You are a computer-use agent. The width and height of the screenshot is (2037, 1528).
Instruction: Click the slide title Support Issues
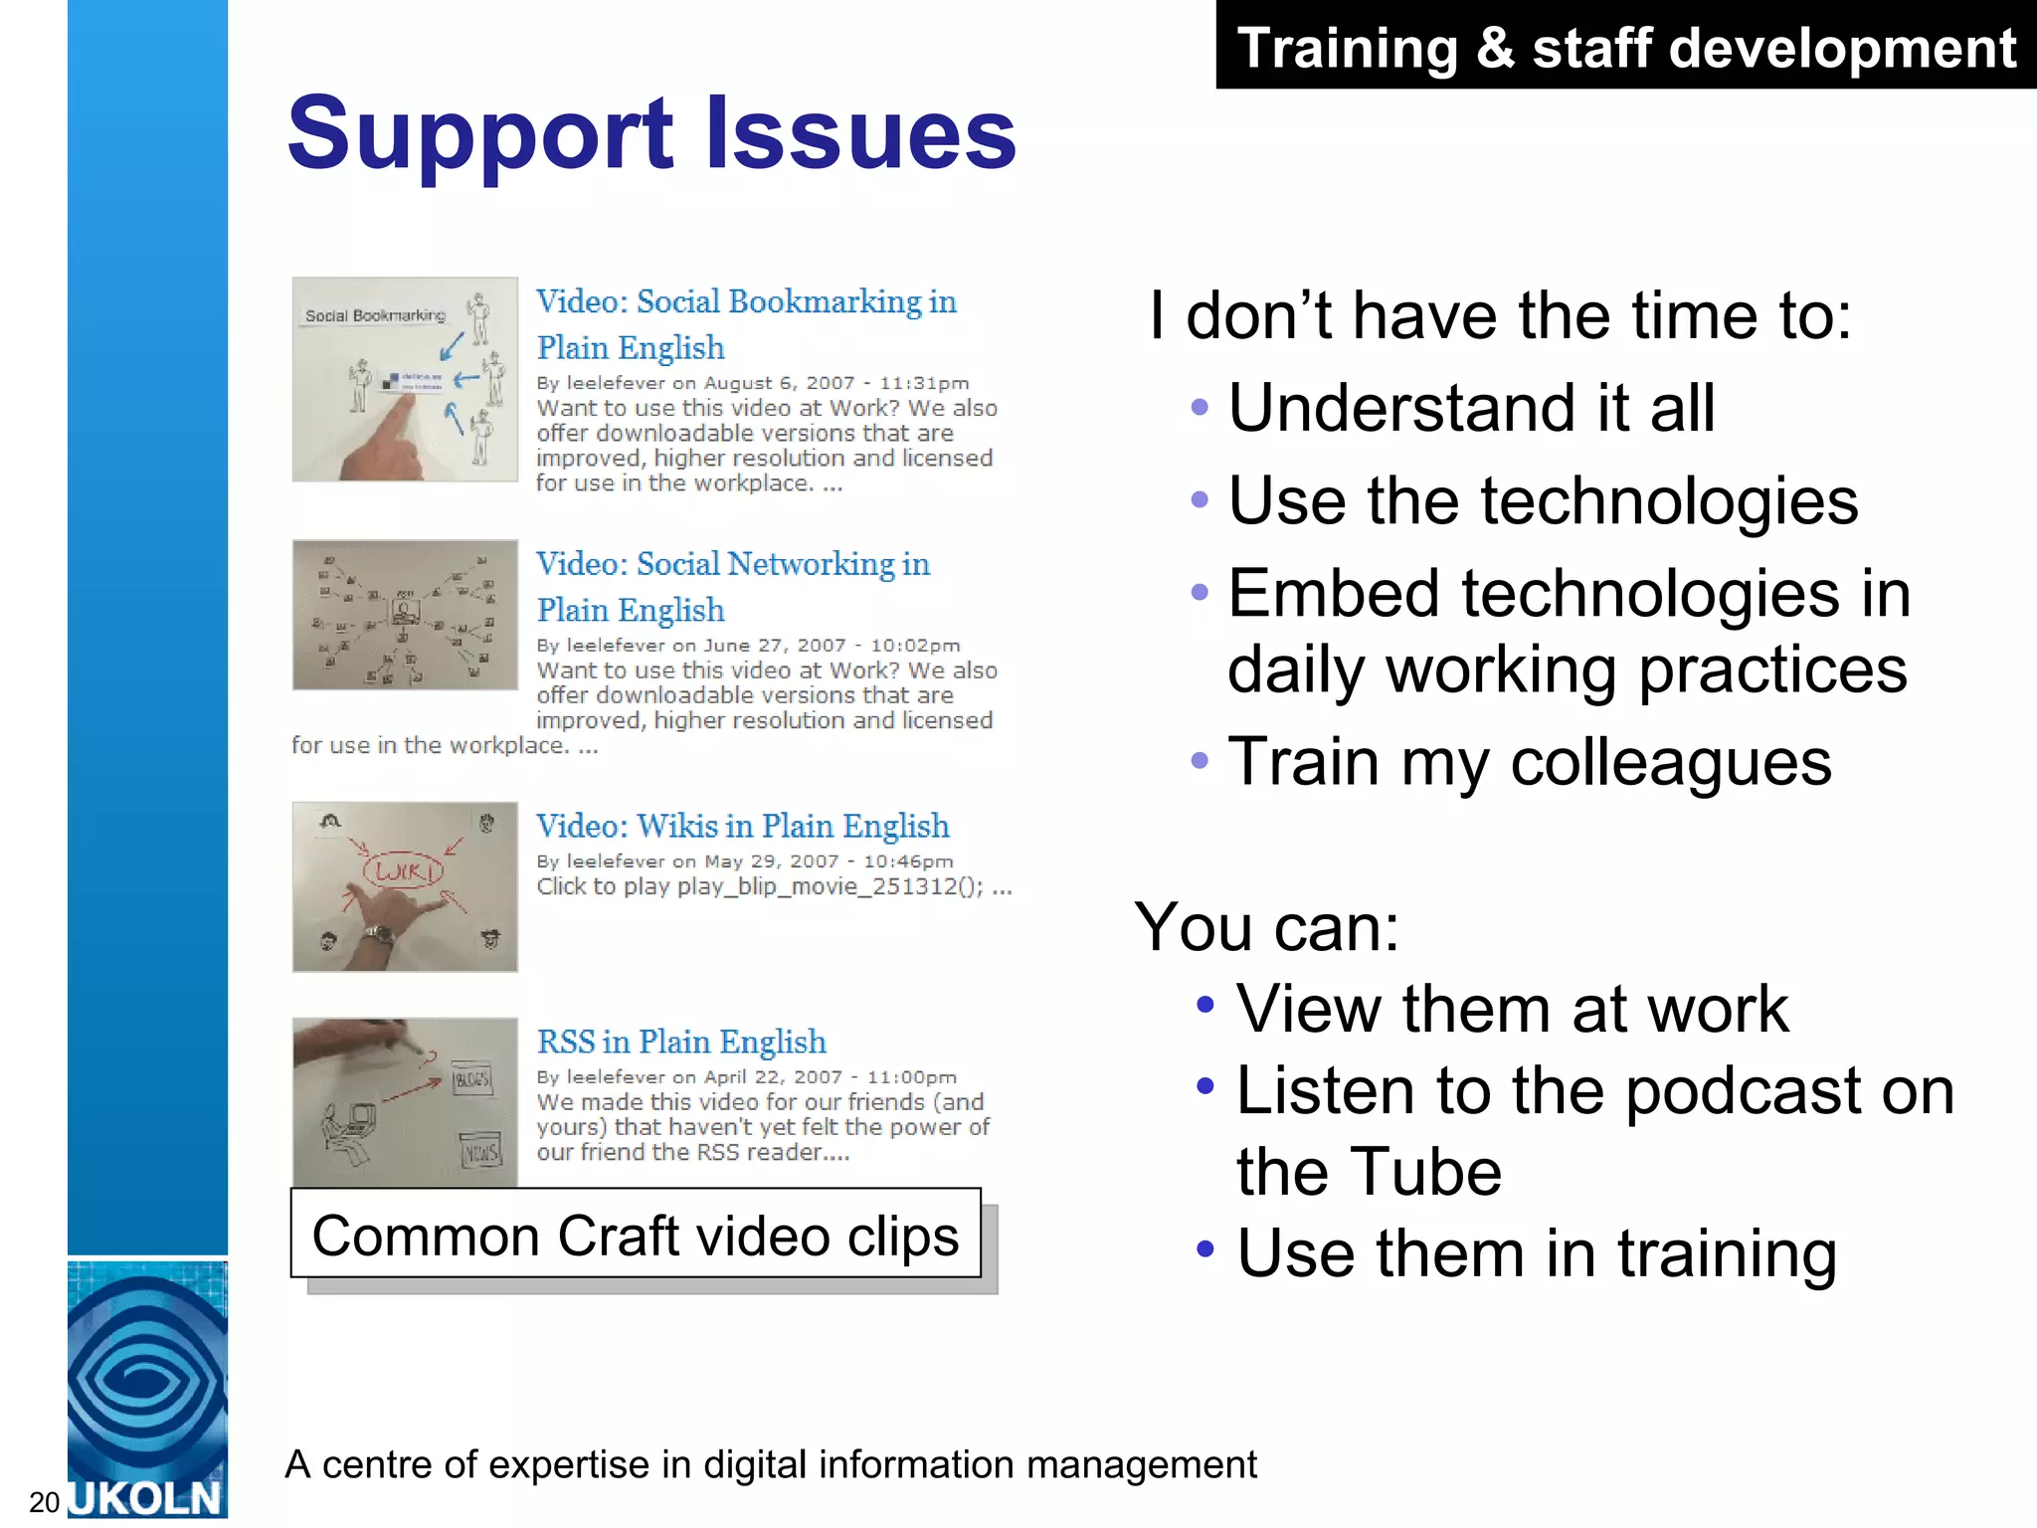[651, 133]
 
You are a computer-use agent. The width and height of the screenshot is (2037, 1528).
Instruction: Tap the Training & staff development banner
[1625, 47]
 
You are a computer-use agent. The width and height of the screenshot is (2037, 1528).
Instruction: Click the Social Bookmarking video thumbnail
[405, 379]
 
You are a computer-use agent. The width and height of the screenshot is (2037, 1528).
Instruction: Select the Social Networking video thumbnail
[405, 615]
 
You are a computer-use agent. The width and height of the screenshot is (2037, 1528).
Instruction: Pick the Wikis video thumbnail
[405, 886]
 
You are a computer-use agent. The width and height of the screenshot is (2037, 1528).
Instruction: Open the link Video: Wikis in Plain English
[742, 826]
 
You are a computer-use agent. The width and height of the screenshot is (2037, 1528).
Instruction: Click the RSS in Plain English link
[681, 1042]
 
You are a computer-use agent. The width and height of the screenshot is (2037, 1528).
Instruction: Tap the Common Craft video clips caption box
[636, 1235]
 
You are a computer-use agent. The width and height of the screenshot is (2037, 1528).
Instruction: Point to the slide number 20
[44, 1502]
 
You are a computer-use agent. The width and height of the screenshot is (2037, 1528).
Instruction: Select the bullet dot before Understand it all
[1200, 407]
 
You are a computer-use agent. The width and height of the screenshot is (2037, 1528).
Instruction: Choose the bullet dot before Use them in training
[1205, 1248]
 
